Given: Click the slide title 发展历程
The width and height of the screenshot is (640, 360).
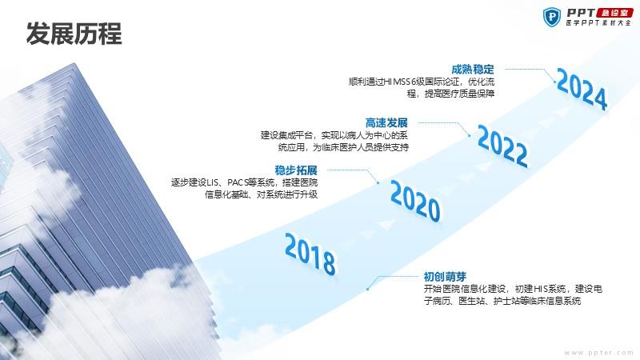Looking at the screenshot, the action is [74, 34].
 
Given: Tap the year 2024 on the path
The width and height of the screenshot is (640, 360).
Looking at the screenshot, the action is [582, 90].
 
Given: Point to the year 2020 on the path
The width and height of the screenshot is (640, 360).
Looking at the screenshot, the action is [415, 202].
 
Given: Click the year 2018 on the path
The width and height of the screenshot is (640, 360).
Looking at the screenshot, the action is [310, 254].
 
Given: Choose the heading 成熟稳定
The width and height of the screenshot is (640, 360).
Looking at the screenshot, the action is [473, 70].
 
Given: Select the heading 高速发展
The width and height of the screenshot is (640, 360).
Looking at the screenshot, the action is [386, 123].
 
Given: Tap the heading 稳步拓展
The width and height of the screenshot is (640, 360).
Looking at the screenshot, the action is [296, 170].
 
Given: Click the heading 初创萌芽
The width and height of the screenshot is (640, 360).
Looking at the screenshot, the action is [445, 277].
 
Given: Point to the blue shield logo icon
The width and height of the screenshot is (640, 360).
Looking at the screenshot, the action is [552, 17].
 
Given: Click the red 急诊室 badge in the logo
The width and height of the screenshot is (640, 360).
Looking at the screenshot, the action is [614, 13].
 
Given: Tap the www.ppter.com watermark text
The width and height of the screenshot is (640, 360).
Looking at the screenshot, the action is [598, 353].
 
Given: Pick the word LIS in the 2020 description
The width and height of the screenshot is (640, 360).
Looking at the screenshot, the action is [213, 182].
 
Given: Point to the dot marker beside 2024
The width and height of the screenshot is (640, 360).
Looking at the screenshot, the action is [555, 82].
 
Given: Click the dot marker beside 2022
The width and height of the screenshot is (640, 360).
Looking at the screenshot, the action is [470, 135].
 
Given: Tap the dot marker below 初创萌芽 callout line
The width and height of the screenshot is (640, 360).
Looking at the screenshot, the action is [368, 289].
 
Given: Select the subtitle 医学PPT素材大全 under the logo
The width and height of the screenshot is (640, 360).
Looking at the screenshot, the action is [598, 23].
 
